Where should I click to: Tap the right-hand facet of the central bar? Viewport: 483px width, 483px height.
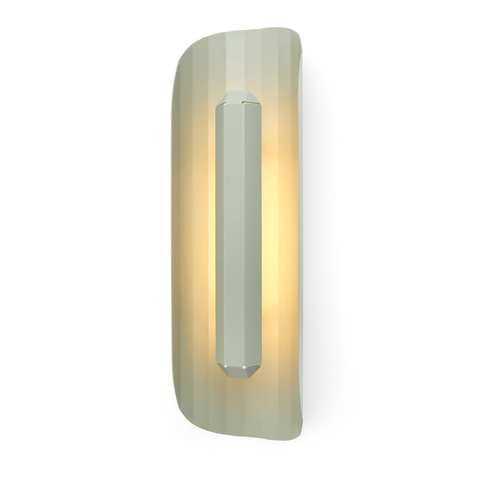pos(256,232)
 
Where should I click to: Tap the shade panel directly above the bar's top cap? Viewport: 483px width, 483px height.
pos(240,63)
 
